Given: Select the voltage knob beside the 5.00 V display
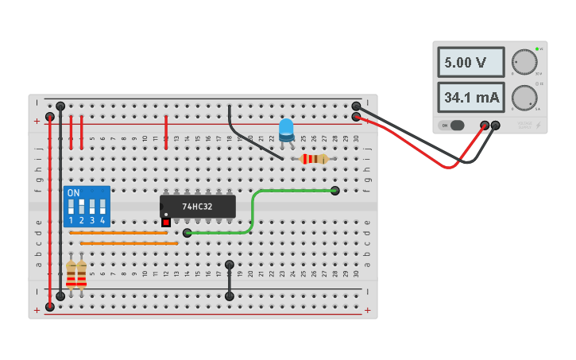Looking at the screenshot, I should coord(524,61).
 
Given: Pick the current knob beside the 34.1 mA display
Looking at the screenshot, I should coord(524,97).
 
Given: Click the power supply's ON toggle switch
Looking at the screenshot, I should coord(452,126).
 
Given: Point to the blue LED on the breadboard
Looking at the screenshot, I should coord(286,129).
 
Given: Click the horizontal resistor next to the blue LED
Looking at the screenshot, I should coord(315,159).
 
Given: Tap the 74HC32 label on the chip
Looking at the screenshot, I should coord(198,207).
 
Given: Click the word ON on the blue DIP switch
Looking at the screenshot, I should coord(73,193).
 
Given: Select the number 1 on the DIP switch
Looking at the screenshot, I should coord(71,220).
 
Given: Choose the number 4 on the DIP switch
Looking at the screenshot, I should coord(102,220).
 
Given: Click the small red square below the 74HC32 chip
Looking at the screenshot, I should coord(166,223).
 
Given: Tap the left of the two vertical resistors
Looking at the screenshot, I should coord(71,273).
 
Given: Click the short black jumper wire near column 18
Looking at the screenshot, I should coord(230,281).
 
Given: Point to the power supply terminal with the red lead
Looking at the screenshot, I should coord(485,126).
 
